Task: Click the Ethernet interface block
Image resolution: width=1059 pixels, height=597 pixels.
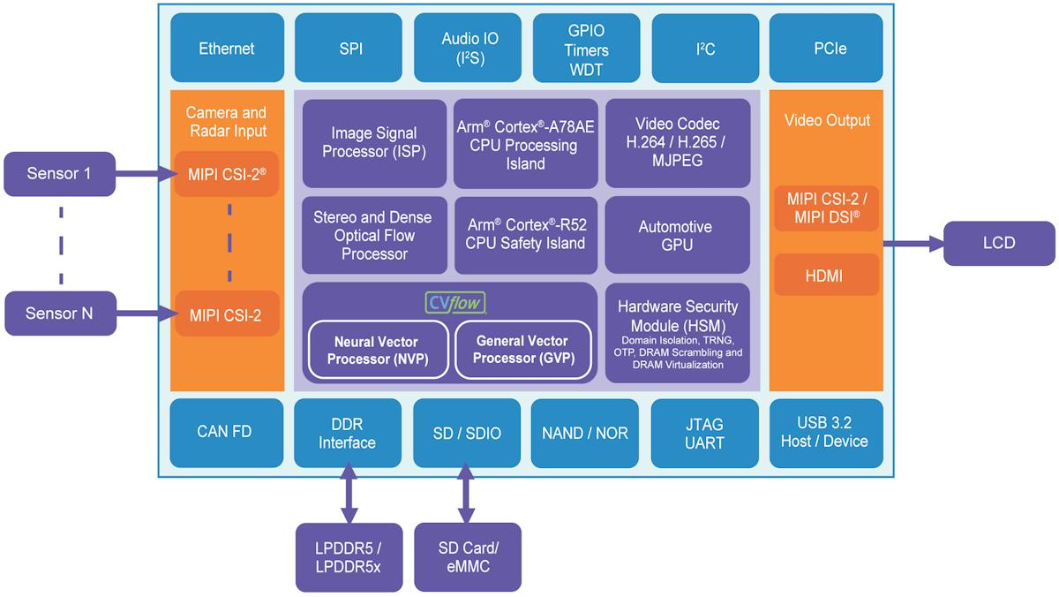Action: coord(227,49)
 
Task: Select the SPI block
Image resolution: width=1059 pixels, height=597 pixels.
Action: coord(350,49)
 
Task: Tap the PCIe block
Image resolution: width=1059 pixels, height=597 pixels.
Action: coord(826,49)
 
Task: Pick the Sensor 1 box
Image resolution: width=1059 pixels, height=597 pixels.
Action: coord(59,173)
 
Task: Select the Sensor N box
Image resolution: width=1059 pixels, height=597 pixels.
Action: coord(59,314)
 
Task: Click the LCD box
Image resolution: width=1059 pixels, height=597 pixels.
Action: coord(998,243)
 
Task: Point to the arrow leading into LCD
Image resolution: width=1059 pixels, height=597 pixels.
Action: coord(913,243)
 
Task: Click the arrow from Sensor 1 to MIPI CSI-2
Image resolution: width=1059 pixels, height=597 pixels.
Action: coord(146,174)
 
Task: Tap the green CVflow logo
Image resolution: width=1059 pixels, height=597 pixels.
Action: coord(456,304)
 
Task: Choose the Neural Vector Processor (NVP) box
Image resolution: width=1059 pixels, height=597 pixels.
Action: coord(376,351)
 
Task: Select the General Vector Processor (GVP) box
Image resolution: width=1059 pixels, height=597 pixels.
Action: coord(523,350)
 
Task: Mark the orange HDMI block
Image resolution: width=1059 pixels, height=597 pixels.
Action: coord(826,276)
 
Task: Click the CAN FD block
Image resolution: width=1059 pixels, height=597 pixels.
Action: coord(226,433)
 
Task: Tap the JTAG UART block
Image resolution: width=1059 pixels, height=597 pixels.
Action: coord(704,433)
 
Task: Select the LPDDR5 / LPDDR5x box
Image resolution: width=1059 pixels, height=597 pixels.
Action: coord(349,557)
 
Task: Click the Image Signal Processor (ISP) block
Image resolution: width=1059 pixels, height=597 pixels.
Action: coord(374,143)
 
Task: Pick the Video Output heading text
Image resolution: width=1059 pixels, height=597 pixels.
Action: coord(826,120)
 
